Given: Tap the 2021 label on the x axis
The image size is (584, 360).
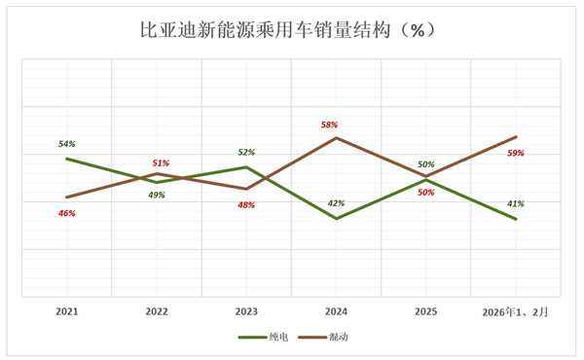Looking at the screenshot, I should tap(67, 312).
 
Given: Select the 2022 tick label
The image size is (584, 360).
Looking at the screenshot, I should tap(157, 312).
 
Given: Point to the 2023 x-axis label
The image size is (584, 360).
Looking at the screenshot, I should tap(246, 312).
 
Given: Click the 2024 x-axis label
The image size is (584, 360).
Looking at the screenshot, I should tap(336, 312).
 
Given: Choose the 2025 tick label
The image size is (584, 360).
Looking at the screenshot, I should tap(425, 312).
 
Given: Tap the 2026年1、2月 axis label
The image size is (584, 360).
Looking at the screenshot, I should tap(516, 312).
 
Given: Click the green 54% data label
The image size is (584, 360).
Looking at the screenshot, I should tap(66, 144).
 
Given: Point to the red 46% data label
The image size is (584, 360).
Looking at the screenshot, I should tap(66, 213).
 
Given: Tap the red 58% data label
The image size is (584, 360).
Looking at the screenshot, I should tap(329, 125).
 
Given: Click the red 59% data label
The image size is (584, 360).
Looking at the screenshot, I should tap(516, 153).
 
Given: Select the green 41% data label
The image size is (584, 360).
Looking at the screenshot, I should tap(516, 203).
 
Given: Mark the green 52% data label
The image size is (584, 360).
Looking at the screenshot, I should tap(246, 152).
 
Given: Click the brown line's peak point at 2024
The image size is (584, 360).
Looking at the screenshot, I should tap(336, 138).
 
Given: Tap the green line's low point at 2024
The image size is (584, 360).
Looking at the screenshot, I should tap(336, 219).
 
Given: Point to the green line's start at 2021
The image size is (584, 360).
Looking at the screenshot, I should tap(67, 159).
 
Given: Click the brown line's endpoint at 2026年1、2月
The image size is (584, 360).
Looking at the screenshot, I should tap(516, 137).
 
